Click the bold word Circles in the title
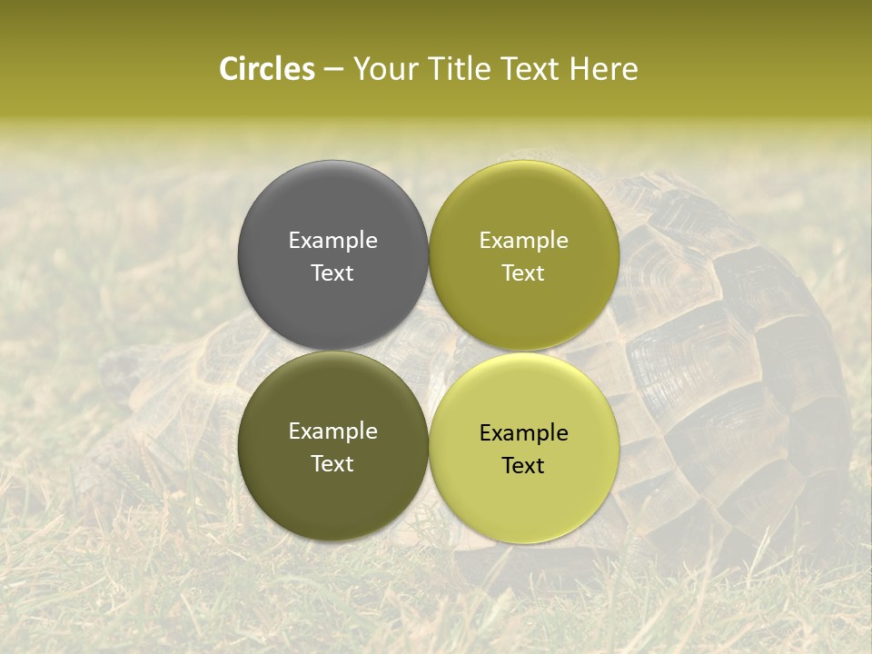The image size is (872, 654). pos(266,69)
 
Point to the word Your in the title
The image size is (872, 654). pos(384,69)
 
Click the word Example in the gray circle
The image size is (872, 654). pos(332,240)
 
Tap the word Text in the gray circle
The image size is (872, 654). pos(332,272)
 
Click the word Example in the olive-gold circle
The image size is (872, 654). pos(523,240)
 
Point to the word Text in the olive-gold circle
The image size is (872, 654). pos(523,272)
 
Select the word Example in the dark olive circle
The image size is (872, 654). pos(332,431)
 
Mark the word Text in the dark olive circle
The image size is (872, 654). pos(332,463)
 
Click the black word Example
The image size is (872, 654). pos(523,432)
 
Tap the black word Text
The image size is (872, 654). pos(523,465)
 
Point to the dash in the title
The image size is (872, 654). pos(333,69)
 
